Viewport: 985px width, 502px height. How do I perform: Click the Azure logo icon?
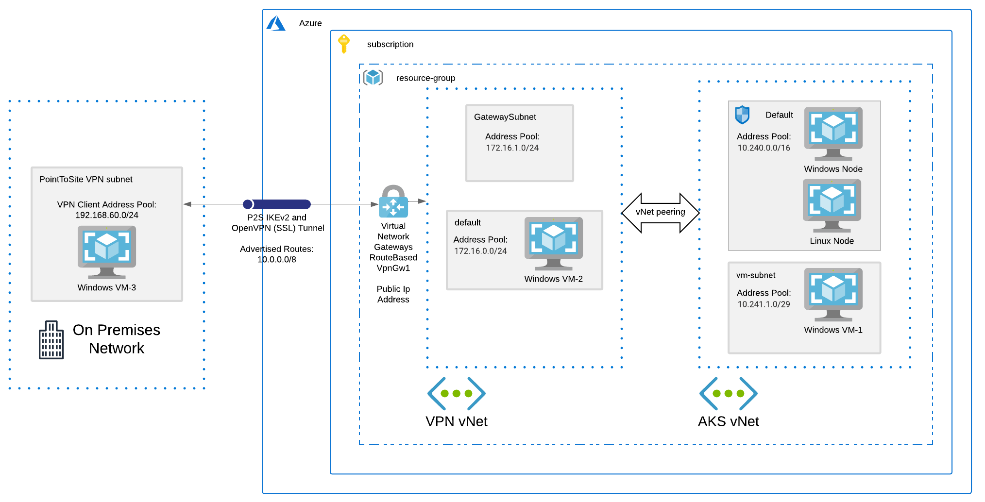point(276,23)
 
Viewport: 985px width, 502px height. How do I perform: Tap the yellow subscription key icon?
point(344,43)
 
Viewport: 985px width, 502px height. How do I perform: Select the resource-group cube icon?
point(373,77)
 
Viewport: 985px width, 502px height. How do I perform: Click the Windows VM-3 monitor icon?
point(107,251)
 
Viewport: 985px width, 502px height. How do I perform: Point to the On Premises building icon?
point(51,340)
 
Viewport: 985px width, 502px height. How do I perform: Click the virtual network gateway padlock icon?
point(393,201)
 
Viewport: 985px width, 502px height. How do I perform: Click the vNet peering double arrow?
point(660,213)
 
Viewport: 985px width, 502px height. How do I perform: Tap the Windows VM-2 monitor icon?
point(554,243)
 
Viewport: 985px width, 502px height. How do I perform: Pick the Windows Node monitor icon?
point(833,133)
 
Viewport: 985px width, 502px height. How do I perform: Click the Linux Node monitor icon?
point(832,204)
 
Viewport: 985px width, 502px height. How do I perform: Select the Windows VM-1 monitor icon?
point(833,293)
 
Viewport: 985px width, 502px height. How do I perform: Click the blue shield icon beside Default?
point(742,115)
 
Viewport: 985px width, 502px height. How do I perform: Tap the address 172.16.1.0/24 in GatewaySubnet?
point(512,148)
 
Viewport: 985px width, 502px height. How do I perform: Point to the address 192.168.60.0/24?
point(107,215)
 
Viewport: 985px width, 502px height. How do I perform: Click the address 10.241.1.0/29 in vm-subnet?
point(764,304)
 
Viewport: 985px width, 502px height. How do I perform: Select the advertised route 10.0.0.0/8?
point(277,260)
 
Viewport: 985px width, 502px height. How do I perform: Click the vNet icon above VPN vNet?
point(457,393)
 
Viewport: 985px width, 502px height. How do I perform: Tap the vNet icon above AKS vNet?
point(729,393)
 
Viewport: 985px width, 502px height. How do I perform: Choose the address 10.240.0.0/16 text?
point(764,148)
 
